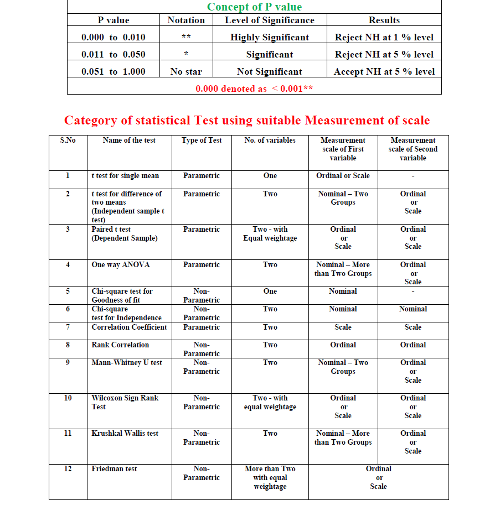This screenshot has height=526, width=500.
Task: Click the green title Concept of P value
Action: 254,7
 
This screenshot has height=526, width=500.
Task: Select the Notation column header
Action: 186,20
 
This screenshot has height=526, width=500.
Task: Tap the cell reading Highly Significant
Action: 270,37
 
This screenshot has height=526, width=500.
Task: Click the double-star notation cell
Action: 186,37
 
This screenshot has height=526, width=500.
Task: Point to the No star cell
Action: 186,71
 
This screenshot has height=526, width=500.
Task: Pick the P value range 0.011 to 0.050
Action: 114,54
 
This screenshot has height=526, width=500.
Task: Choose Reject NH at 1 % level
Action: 384,37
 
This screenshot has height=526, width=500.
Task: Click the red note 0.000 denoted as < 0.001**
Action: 254,88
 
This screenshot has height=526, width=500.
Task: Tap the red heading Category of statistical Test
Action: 247,120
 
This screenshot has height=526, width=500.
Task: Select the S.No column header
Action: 68,140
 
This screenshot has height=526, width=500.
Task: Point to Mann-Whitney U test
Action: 127,363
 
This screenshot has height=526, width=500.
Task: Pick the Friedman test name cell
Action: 114,468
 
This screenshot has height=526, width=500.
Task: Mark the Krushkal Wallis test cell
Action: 125,434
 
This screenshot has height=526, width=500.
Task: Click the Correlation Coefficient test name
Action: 129,327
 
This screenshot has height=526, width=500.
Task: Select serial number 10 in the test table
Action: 68,398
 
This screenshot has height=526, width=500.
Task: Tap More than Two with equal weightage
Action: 270,477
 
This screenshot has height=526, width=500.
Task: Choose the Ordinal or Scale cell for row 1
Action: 343,176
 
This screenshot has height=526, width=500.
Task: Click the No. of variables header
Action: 270,140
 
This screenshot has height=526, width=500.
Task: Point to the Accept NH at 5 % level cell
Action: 384,71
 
